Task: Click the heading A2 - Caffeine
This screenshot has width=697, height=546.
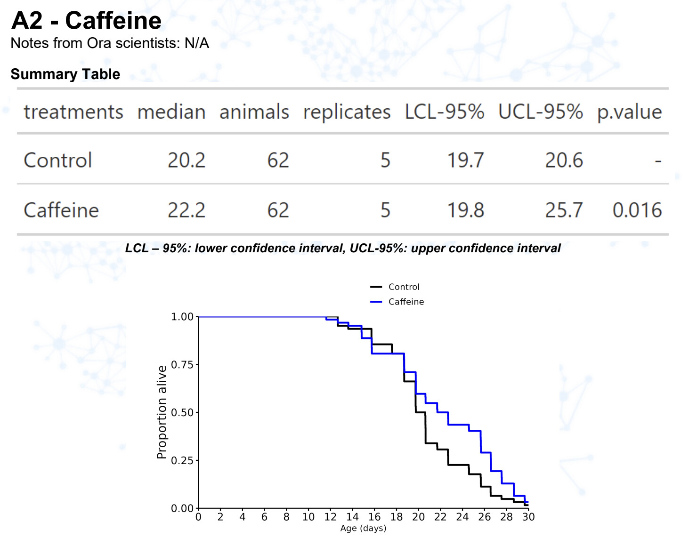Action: click(86, 21)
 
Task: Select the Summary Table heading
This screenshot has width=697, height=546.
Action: click(65, 74)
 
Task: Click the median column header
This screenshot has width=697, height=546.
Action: click(171, 112)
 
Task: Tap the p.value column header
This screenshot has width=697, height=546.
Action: click(629, 112)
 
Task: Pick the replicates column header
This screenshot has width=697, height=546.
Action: click(347, 112)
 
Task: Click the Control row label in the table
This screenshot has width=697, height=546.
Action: click(58, 161)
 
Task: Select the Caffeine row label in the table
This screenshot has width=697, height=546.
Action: click(61, 210)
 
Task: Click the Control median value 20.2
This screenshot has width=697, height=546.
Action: click(186, 161)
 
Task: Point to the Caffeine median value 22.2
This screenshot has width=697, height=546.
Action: click(186, 210)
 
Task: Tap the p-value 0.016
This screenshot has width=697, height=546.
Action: click(637, 210)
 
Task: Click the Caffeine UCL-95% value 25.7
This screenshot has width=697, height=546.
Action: click(564, 210)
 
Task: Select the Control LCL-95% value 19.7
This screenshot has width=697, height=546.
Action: click(465, 161)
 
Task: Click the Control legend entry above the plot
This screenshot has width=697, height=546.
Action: click(404, 287)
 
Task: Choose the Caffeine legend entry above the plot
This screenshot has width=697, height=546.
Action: click(406, 302)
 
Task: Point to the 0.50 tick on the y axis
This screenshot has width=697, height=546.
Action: click(182, 412)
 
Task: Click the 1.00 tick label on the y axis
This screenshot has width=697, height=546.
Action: click(182, 316)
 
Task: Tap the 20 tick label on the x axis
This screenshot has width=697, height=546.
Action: click(418, 517)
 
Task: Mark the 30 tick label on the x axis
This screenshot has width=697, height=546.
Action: click(528, 517)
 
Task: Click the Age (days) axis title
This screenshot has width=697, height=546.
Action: click(363, 528)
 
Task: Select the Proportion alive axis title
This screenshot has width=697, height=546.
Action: click(162, 412)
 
